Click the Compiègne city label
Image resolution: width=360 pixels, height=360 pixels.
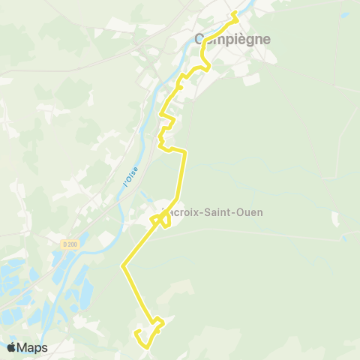point(232,39)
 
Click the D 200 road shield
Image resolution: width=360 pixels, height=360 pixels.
point(70,244)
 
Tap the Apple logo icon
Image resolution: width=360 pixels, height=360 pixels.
point(11,347)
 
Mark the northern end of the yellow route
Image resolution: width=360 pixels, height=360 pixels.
point(234,13)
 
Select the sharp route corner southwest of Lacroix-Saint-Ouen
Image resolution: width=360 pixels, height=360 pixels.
point(123,265)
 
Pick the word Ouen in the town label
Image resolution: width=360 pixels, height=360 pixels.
point(249,212)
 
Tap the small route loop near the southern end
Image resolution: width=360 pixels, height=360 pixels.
point(157,323)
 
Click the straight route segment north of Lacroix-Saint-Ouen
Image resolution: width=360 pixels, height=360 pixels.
point(180,180)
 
